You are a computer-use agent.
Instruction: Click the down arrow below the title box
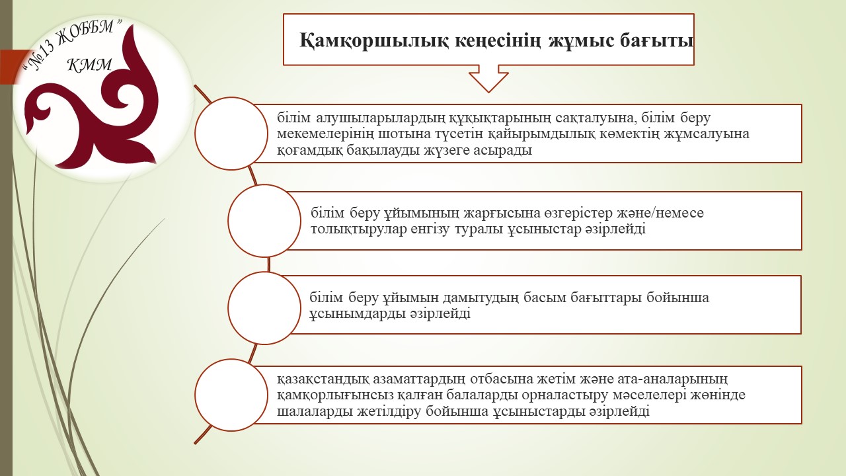488,79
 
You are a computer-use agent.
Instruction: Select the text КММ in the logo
90,65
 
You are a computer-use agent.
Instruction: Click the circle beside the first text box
231,134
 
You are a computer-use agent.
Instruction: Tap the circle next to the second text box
264,221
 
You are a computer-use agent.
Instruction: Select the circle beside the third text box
264,308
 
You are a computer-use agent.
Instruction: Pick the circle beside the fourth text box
231,395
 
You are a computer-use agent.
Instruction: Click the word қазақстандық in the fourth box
323,379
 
